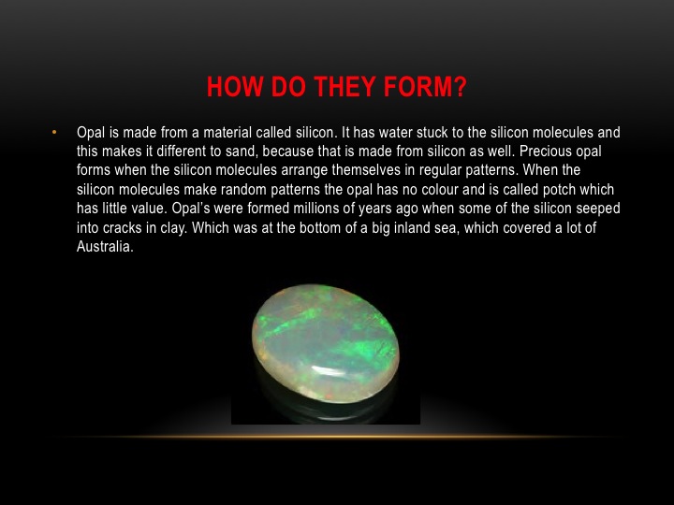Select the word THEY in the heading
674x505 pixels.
click(344, 87)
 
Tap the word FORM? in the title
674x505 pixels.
click(425, 87)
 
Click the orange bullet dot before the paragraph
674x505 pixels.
click(54, 132)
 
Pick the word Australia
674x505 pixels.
click(105, 247)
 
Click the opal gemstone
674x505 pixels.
click(326, 343)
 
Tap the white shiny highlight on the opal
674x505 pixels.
click(328, 371)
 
